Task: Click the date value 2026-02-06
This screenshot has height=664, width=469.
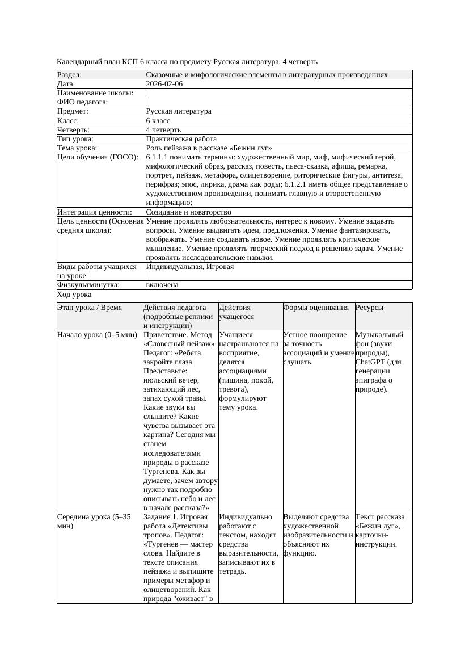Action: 164,84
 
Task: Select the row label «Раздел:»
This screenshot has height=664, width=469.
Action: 70,75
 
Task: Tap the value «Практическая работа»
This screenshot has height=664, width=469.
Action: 181,139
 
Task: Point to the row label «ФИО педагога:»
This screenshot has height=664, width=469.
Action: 83,102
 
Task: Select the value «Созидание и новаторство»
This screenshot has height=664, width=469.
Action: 188,212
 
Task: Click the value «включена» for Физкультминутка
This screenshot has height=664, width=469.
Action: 162,285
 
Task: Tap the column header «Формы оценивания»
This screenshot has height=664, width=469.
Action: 316,308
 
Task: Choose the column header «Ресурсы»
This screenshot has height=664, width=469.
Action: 369,308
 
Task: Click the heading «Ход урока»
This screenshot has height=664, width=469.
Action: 74,295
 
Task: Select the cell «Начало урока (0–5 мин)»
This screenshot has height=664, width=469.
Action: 97,335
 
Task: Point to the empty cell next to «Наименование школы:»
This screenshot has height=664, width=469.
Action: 278,93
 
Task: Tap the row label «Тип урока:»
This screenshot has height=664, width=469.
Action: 75,139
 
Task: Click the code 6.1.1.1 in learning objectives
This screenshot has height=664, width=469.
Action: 159,157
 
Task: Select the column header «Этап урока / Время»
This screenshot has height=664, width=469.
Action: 90,308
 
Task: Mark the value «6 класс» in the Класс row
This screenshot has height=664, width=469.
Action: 158,121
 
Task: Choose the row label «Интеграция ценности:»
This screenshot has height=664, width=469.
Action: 95,212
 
